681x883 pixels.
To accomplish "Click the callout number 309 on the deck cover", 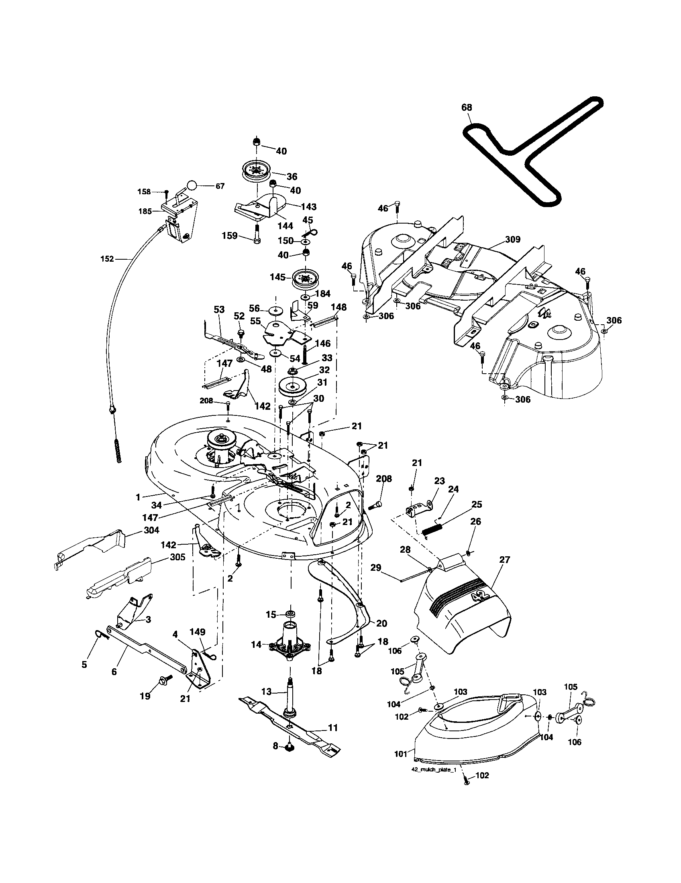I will pyautogui.click(x=512, y=239).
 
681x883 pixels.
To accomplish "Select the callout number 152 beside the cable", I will pyautogui.click(x=107, y=259).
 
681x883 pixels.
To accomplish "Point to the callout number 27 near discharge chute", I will pyautogui.click(x=505, y=560).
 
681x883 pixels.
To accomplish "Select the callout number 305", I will pyautogui.click(x=177, y=557).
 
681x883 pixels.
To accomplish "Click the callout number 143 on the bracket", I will pyautogui.click(x=308, y=207).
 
